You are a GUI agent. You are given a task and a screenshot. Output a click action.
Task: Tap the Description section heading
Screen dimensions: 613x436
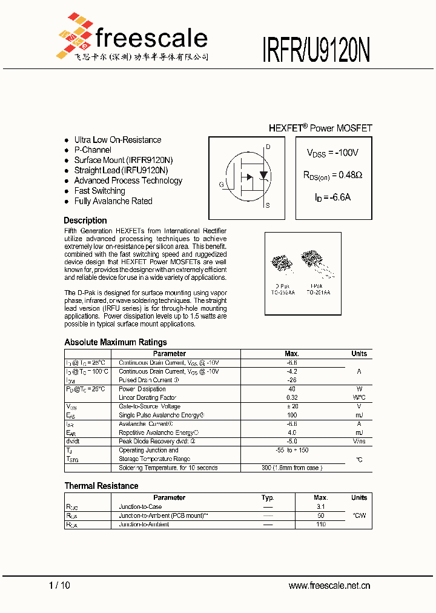85,220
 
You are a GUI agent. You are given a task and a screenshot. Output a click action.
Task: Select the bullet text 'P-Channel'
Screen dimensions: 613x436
93,150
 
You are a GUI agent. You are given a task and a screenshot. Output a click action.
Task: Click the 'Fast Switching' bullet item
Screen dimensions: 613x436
99,191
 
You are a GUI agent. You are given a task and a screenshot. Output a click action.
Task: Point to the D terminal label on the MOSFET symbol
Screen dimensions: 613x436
268,147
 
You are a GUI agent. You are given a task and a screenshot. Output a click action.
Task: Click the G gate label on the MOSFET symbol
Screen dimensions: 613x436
222,184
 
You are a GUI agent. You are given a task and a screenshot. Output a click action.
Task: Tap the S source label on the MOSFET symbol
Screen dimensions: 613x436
268,205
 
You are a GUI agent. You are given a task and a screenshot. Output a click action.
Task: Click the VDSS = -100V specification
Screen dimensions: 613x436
332,153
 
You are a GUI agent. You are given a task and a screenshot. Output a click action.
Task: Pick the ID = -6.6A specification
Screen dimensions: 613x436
332,197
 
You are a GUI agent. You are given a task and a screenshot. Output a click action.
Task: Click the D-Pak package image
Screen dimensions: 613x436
281,264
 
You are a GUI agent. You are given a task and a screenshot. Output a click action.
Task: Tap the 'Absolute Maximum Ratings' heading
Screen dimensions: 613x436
115,342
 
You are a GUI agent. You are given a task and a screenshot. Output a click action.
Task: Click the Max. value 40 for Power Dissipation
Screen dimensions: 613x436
292,389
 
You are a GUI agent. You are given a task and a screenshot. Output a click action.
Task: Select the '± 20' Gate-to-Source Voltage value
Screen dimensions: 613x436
292,406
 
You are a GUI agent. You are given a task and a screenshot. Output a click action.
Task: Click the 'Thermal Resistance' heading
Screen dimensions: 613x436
101,486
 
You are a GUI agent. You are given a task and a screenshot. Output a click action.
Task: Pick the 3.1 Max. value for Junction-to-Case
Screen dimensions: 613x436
321,506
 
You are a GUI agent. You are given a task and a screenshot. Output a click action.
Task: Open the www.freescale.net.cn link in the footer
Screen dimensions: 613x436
329,585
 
